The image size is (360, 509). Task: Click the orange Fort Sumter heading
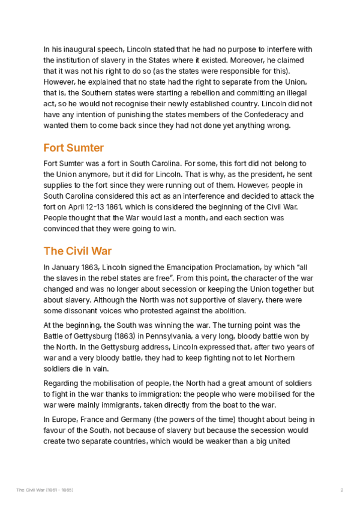(x=73, y=148)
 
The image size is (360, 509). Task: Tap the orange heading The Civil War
(x=77, y=250)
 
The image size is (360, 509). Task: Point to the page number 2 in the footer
(x=341, y=490)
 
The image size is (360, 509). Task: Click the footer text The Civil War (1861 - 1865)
(x=45, y=490)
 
